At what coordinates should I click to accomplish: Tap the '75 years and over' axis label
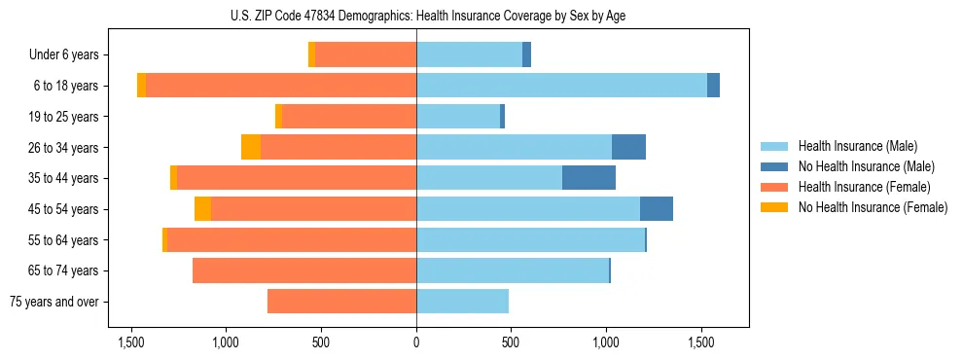pos(54,302)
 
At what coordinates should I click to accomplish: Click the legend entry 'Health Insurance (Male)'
pos(857,146)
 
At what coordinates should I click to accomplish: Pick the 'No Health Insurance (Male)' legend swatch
pos(774,166)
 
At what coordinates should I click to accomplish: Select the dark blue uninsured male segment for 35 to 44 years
pos(588,178)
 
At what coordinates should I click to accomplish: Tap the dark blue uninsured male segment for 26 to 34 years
pos(628,147)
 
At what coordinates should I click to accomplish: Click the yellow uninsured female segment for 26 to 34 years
pos(251,147)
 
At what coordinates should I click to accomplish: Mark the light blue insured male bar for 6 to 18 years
pos(561,86)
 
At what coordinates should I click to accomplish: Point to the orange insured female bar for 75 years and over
pos(341,302)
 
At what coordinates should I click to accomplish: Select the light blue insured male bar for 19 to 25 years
pos(457,117)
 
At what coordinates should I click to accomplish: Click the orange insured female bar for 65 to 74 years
pos(304,270)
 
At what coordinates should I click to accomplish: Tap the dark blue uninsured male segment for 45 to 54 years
pos(657,209)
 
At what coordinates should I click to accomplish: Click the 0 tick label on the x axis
pos(416,343)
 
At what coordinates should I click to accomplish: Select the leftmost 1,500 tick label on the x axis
pos(131,343)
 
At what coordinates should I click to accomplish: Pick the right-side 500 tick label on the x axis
pos(512,343)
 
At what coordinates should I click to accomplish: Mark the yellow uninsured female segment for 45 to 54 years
pos(202,209)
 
